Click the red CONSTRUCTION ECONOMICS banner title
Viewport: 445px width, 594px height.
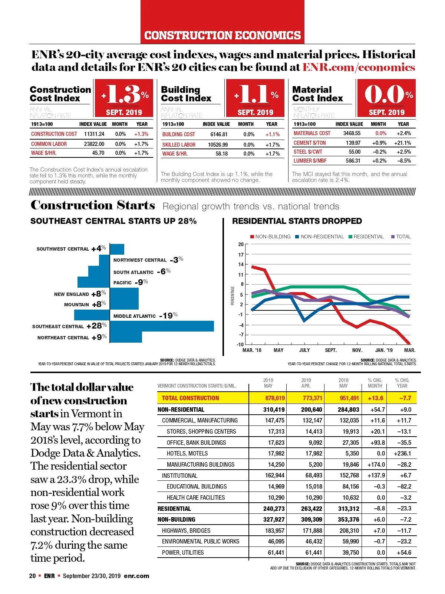pyautogui.click(x=222, y=35)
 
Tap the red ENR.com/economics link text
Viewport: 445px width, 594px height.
pyautogui.click(x=359, y=67)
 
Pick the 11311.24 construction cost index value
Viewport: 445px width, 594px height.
pyautogui.click(x=94, y=134)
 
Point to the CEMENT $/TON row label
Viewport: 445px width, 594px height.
pyautogui.click(x=310, y=143)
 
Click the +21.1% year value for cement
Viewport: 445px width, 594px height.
pyautogui.click(x=402, y=143)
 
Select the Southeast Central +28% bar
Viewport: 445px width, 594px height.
pyautogui.click(x=162, y=326)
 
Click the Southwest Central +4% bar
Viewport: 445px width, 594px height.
pyautogui.click(x=117, y=249)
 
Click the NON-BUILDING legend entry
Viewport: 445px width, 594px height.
pyautogui.click(x=270, y=236)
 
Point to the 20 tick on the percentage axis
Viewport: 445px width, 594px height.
pyautogui.click(x=241, y=244)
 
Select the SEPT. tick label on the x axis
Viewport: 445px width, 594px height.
pyautogui.click(x=331, y=350)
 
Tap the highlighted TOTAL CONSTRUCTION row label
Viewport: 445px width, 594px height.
pyautogui.click(x=191, y=398)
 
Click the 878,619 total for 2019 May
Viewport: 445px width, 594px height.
pyautogui.click(x=275, y=398)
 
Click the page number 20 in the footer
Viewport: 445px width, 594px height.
pyautogui.click(x=33, y=576)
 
